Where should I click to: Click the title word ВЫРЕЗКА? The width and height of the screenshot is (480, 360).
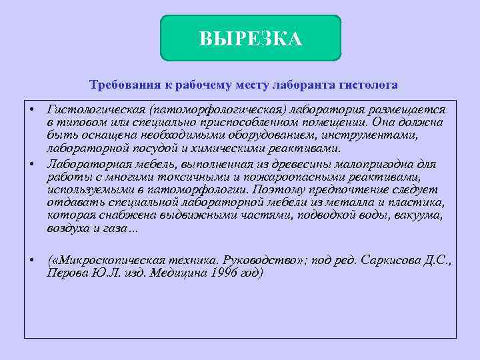pyautogui.click(x=250, y=39)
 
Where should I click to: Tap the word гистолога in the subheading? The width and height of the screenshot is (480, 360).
pyautogui.click(x=369, y=85)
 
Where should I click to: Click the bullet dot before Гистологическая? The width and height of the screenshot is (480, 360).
pyautogui.click(x=31, y=108)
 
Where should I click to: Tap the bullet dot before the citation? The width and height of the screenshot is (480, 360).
pyautogui.click(x=31, y=260)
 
